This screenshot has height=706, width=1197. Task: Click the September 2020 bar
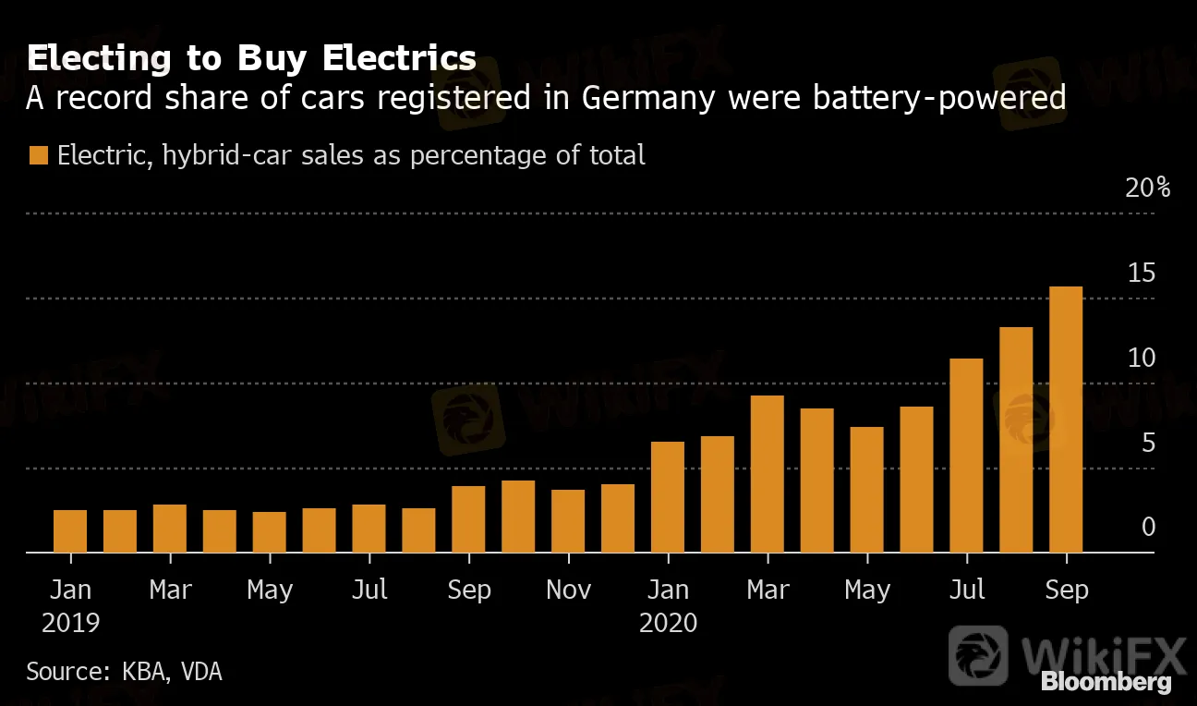[1066, 420]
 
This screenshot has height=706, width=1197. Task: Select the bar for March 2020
[768, 474]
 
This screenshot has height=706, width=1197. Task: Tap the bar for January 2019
[70, 531]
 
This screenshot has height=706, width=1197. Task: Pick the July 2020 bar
[966, 456]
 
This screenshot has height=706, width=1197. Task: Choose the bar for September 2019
[468, 519]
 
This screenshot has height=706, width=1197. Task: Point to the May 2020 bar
[867, 490]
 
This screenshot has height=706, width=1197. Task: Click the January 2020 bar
[668, 497]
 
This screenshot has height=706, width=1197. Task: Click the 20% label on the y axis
[1149, 189]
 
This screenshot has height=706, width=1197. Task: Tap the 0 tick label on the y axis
[1148, 528]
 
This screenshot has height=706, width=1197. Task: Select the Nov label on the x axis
[568, 590]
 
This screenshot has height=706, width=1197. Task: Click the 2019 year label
[70, 623]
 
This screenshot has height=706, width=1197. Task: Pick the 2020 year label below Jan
[668, 623]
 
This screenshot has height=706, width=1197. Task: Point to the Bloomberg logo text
[1106, 683]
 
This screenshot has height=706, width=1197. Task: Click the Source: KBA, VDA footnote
[124, 671]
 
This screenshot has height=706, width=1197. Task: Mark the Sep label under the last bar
[1066, 590]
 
